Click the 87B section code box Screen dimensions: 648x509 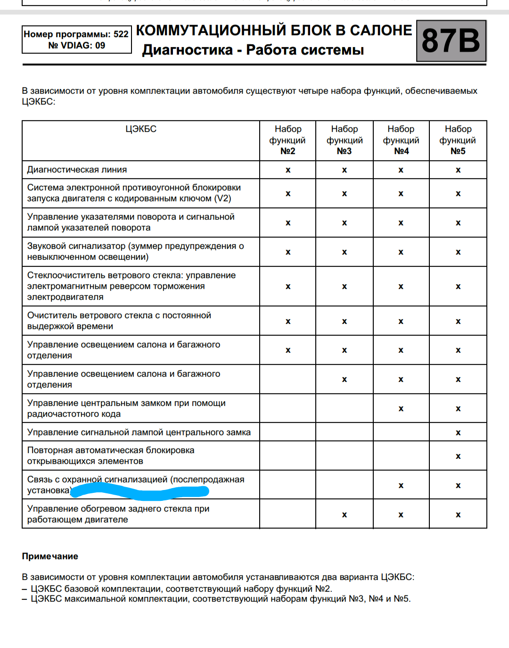click(x=451, y=41)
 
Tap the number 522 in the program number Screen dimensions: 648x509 click(x=121, y=34)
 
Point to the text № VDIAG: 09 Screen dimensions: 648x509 click(x=76, y=45)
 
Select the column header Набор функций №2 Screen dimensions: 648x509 click(x=287, y=140)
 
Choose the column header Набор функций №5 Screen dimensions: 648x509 click(x=458, y=140)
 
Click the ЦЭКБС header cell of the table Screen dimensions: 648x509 click(x=141, y=129)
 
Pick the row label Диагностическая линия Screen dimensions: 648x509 click(x=77, y=170)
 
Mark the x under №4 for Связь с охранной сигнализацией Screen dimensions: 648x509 click(x=401, y=485)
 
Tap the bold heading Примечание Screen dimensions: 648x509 click(x=50, y=557)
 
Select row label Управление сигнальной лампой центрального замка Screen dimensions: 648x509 click(x=139, y=432)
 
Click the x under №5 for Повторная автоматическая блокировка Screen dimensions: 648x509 click(x=458, y=456)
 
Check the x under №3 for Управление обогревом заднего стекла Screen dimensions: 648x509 click(x=345, y=515)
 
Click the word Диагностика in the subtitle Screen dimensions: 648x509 click(x=188, y=50)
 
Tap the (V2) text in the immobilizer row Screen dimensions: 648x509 click(x=222, y=199)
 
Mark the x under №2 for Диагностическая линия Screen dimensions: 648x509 click(x=288, y=170)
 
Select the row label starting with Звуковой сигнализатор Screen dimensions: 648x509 click(x=135, y=251)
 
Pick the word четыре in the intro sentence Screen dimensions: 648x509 click(x=312, y=91)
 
